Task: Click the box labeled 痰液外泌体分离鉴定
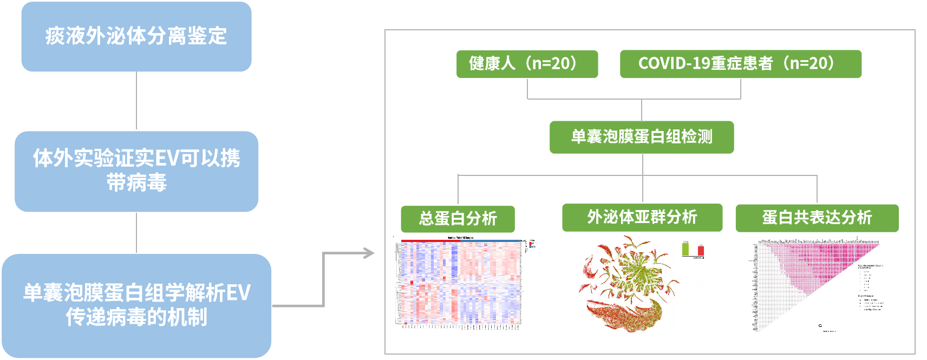tap(136, 37)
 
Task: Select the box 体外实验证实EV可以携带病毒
tap(136, 171)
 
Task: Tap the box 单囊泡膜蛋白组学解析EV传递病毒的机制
tap(136, 305)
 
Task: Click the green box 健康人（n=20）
tap(527, 64)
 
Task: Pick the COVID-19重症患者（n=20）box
tap(740, 64)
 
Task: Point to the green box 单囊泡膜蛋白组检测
tap(642, 137)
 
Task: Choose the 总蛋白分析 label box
tap(458, 219)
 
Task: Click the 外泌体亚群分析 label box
tap(642, 218)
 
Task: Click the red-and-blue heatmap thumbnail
tap(464, 285)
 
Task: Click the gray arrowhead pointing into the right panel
tap(369, 253)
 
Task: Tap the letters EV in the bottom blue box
tap(238, 293)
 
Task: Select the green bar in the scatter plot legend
tap(686, 249)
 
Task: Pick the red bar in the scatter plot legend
tap(701, 251)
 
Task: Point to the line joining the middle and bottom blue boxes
tap(136, 233)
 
